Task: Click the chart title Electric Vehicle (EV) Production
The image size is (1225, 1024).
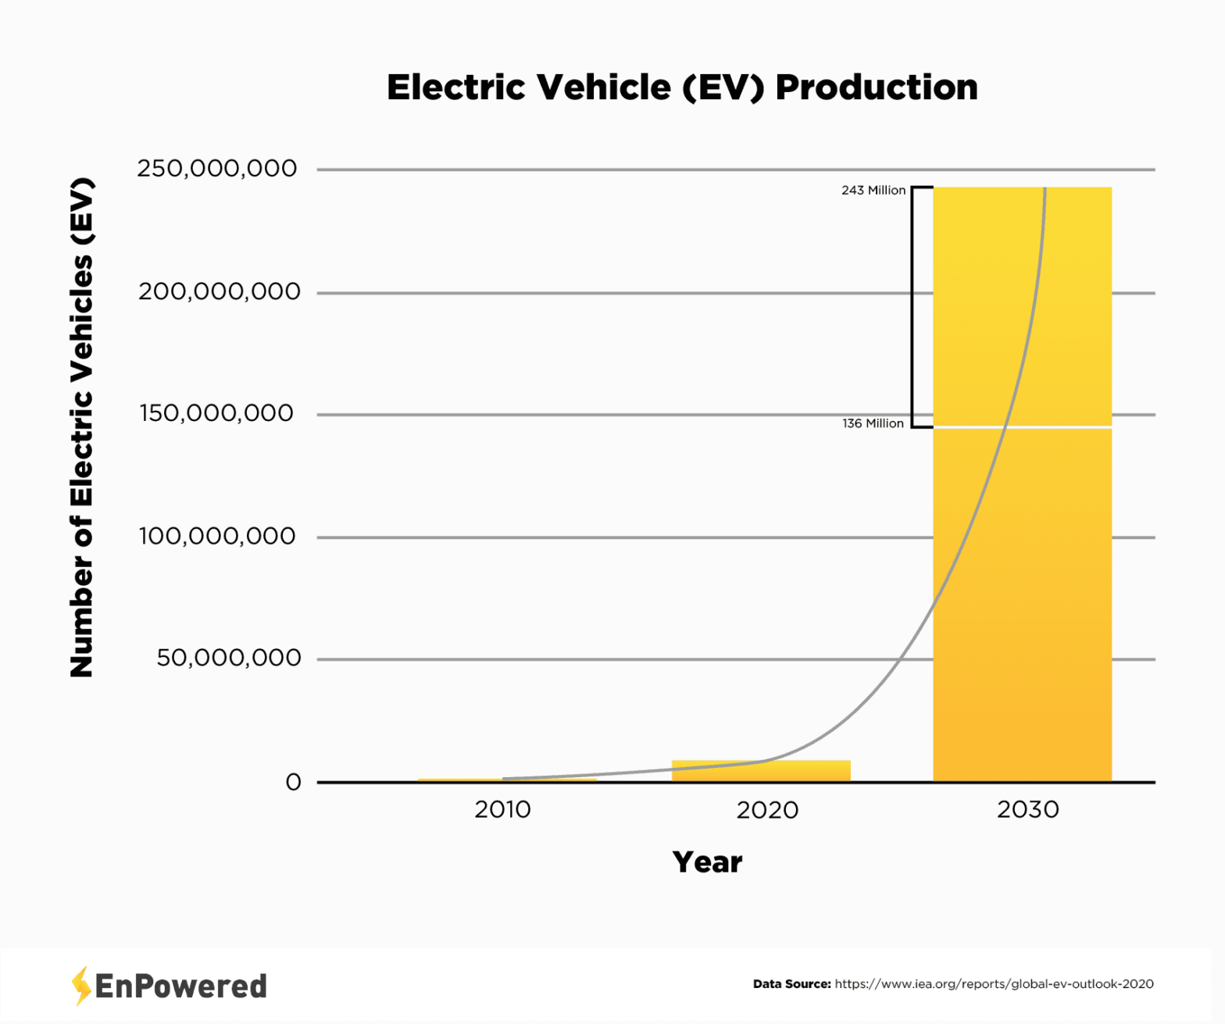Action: click(x=681, y=87)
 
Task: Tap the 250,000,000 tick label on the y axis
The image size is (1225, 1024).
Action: click(x=217, y=168)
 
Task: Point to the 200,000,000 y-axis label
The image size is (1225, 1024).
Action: click(x=219, y=291)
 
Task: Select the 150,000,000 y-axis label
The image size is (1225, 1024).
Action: click(x=216, y=413)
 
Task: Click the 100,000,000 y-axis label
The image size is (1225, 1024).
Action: click(x=217, y=536)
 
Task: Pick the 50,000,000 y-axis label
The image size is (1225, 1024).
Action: click(x=228, y=658)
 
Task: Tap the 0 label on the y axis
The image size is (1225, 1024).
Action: click(x=293, y=782)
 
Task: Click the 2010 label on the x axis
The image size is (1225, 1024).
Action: click(x=502, y=809)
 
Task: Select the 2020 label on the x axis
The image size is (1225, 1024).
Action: click(x=767, y=810)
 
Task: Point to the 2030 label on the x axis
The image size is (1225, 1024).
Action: click(x=1027, y=809)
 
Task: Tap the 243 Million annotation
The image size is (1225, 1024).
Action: click(x=873, y=190)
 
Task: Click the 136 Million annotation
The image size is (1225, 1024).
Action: click(x=873, y=423)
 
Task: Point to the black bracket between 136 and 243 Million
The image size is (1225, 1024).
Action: click(x=912, y=307)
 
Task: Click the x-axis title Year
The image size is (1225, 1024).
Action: click(x=707, y=862)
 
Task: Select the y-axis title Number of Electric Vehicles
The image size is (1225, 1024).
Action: click(x=82, y=427)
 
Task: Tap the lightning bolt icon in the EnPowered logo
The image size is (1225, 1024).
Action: click(x=80, y=986)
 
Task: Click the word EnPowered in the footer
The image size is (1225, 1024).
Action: click(x=180, y=987)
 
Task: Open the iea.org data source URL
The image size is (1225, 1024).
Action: click(x=994, y=984)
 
